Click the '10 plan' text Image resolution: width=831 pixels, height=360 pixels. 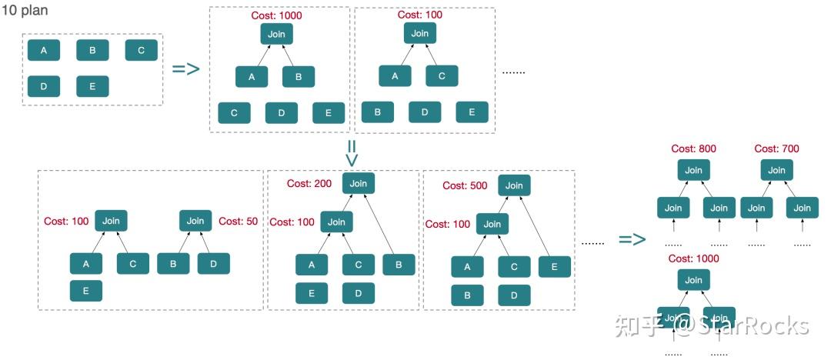[x=23, y=13]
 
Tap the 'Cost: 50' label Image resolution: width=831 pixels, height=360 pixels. [x=241, y=221]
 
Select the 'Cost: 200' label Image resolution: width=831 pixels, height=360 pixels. [x=309, y=184]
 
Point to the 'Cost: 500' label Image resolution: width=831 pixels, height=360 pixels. [x=465, y=185]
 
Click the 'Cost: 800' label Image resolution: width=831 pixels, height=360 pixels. [x=693, y=149]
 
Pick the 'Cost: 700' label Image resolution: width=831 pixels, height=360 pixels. [x=776, y=149]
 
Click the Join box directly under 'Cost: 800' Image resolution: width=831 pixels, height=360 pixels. [x=693, y=170]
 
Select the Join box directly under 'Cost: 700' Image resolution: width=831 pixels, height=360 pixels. [x=776, y=170]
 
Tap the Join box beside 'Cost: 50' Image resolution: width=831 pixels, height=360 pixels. [x=195, y=221]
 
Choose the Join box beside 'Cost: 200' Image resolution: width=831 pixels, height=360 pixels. [x=358, y=183]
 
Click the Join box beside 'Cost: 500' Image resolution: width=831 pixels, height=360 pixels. [x=514, y=185]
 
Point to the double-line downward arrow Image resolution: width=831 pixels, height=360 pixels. [x=352, y=152]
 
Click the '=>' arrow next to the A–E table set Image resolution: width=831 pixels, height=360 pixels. [x=185, y=68]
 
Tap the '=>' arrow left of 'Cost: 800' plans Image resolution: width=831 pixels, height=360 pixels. [x=632, y=239]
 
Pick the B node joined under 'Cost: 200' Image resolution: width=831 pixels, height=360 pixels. [x=399, y=265]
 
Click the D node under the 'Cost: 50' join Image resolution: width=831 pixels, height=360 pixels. [x=213, y=264]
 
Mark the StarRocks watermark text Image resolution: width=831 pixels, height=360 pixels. [x=742, y=325]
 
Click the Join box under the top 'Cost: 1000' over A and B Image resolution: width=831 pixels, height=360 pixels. [x=276, y=34]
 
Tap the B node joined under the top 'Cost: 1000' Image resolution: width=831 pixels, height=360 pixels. [x=299, y=77]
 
